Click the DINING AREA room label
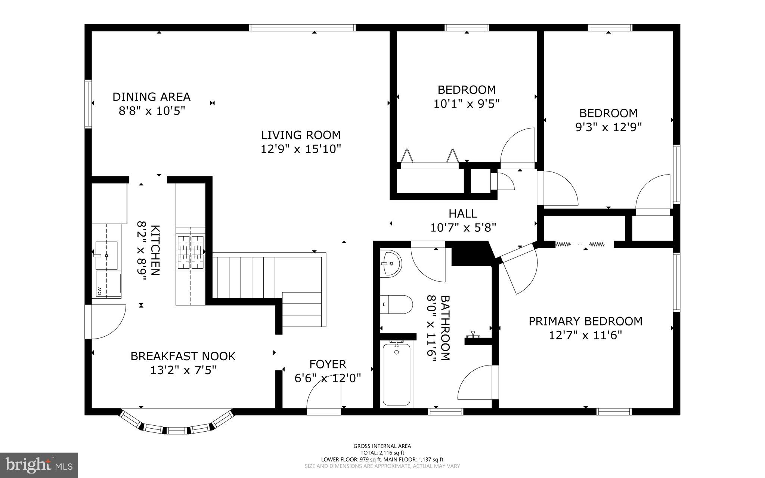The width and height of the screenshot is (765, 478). coord(151,97)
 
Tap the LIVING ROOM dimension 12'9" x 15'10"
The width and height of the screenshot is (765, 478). coord(301,149)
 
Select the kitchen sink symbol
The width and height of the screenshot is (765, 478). coord(106,256)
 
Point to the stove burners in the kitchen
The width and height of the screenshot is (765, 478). coord(191,250)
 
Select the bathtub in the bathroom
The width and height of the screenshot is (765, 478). coord(396,374)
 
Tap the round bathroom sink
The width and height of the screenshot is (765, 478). coord(391,263)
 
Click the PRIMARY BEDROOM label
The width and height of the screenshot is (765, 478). coord(585,321)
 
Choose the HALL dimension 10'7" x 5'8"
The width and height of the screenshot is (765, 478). coord(463,228)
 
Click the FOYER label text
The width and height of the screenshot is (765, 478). coord(328,364)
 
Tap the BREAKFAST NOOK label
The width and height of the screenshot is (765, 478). coord(183,356)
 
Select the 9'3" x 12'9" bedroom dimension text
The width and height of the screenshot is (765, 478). coord(608,127)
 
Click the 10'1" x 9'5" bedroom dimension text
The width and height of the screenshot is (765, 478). coord(467,104)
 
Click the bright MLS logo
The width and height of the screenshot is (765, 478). coord(39,465)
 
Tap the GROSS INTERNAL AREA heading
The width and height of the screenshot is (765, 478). coord(382,446)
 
